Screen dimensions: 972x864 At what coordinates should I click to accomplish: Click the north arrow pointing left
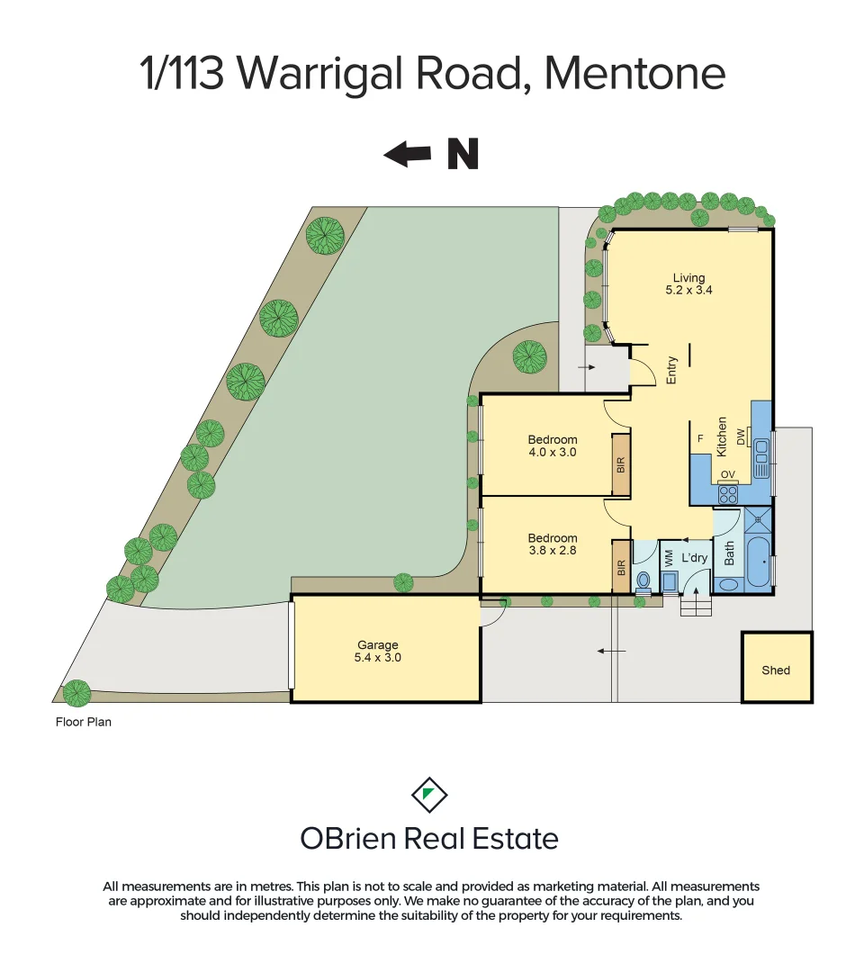click(407, 155)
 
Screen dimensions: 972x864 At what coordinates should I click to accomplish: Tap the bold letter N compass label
click(463, 155)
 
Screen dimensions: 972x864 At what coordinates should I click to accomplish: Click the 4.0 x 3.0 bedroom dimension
click(552, 453)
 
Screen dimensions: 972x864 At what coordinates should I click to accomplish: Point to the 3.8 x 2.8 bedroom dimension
click(552, 552)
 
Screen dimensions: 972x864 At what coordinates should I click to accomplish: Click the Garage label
click(377, 644)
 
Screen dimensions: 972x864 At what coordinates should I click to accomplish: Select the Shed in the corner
click(776, 670)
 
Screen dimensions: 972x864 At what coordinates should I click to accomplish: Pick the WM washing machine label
click(669, 558)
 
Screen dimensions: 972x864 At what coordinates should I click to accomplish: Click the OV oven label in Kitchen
click(727, 474)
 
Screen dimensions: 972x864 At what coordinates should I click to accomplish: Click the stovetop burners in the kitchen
click(727, 493)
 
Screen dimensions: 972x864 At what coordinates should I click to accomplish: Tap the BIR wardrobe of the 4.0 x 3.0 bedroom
click(620, 464)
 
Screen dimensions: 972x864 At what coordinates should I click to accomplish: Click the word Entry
click(671, 372)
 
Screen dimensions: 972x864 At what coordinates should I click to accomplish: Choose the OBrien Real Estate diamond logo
click(429, 794)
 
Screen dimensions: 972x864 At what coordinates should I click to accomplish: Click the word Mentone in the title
click(634, 74)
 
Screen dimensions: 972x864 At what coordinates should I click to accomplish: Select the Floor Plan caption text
click(83, 721)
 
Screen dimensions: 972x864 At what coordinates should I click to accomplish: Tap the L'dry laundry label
click(695, 558)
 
